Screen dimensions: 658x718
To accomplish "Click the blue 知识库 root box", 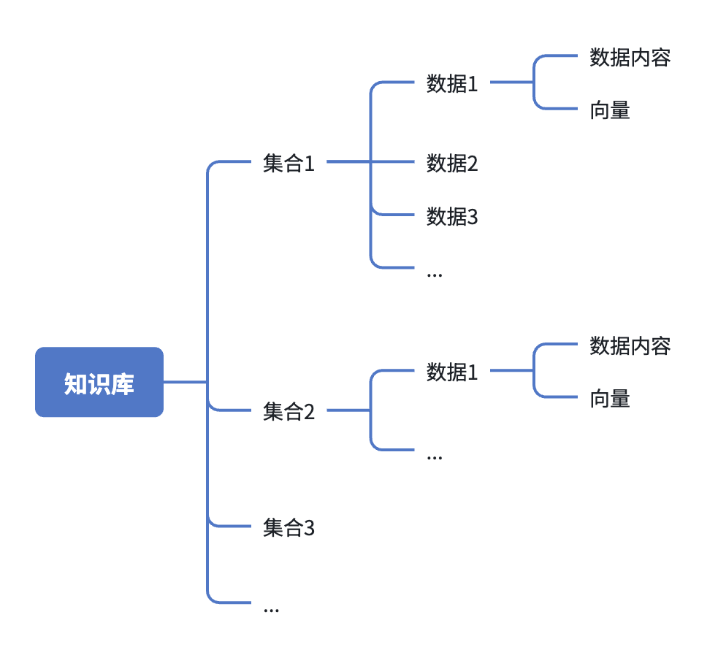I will [x=99, y=382].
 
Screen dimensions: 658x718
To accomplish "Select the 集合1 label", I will [x=289, y=164].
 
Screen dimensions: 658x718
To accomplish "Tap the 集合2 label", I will [x=289, y=412].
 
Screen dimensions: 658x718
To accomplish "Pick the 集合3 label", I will [x=289, y=527].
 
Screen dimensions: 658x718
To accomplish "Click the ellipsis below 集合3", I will [x=271, y=609].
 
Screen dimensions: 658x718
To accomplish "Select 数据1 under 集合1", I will [x=452, y=84].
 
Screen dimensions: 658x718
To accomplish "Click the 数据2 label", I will [x=452, y=164].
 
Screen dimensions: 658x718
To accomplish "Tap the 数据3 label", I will [x=452, y=217].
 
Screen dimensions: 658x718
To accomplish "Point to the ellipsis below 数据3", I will [x=435, y=274].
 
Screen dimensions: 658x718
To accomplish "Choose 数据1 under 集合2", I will [x=452, y=372].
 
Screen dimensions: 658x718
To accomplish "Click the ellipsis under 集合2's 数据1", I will [x=435, y=456].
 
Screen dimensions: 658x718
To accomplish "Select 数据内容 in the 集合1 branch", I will [x=630, y=58].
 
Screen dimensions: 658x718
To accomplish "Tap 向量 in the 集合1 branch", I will [x=610, y=111].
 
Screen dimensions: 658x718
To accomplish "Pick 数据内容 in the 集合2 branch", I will [x=630, y=345].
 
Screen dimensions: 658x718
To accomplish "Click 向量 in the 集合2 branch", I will [x=610, y=399].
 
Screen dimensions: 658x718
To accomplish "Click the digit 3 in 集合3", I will [x=309, y=527].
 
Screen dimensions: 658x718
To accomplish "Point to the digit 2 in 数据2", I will [x=473, y=164].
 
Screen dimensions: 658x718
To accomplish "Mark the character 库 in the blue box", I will [x=123, y=383].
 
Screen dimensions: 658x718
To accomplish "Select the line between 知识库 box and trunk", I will [x=186, y=382].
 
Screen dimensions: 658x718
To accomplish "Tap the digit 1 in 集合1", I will [x=309, y=164].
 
